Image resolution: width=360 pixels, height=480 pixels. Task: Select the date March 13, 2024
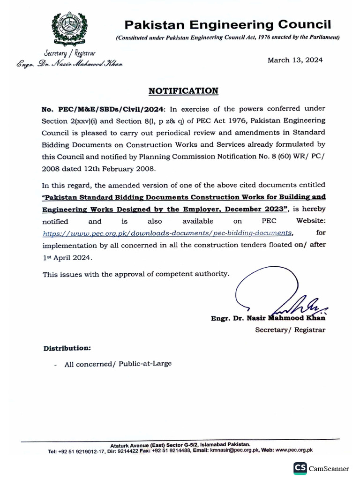click(x=295, y=60)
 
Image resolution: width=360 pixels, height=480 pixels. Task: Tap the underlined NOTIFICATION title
click(x=183, y=91)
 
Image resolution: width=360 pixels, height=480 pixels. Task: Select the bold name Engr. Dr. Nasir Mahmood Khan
click(x=268, y=318)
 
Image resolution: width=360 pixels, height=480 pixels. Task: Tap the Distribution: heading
click(x=67, y=348)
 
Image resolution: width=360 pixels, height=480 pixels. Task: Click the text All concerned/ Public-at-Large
click(x=118, y=363)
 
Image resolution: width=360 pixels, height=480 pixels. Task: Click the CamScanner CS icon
click(x=300, y=468)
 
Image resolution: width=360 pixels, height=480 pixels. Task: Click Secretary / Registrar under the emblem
click(x=70, y=54)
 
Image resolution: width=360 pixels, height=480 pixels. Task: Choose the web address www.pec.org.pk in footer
click(x=294, y=450)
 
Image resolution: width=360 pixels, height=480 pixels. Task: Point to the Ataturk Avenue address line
click(x=180, y=444)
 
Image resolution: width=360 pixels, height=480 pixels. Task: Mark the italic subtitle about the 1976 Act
click(x=228, y=37)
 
